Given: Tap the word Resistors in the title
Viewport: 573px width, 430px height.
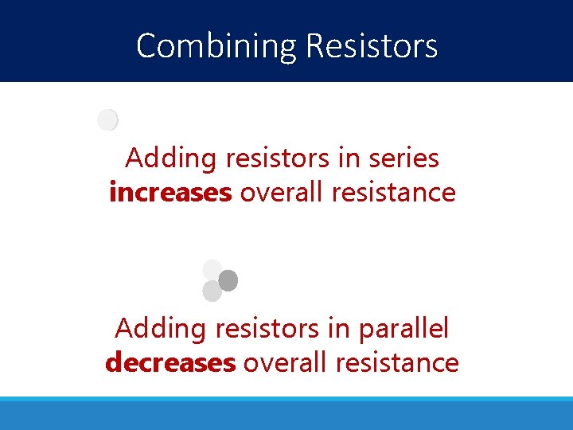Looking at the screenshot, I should click(x=371, y=46).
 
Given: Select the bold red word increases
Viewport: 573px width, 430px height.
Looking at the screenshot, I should click(x=170, y=192).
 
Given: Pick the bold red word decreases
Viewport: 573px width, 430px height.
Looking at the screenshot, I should click(x=170, y=362).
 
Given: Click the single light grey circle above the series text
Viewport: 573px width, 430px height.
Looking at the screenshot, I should click(x=107, y=120).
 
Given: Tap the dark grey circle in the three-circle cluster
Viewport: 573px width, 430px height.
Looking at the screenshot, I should click(x=228, y=280).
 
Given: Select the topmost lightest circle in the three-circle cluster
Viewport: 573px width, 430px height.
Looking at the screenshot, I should click(x=212, y=269).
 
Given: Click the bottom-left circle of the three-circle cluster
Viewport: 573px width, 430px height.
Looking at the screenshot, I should click(x=212, y=291).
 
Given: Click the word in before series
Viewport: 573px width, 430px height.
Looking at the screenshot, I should click(x=348, y=158).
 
